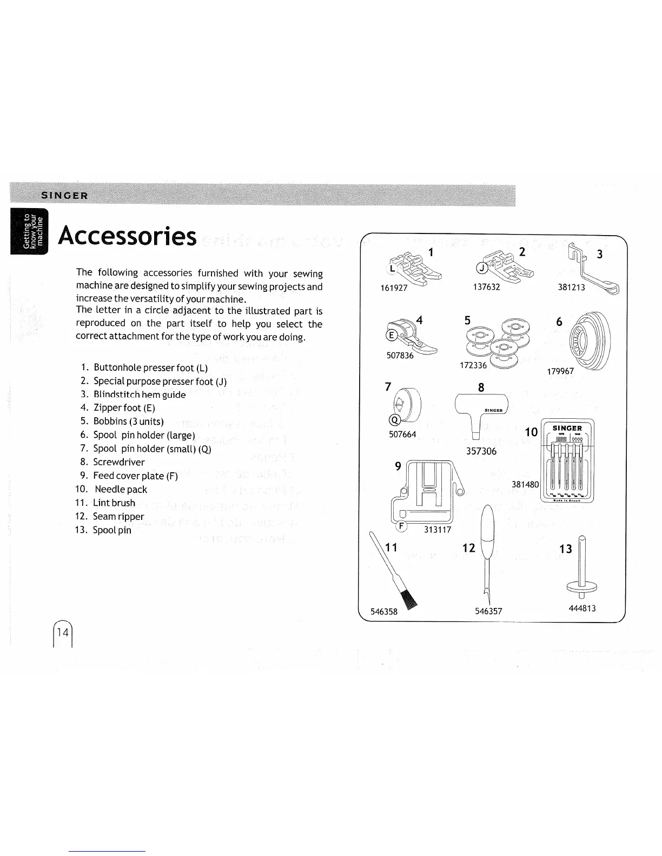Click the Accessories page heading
(x=128, y=236)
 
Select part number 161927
(x=394, y=287)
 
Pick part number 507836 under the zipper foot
(x=400, y=355)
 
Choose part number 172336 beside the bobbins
(x=473, y=365)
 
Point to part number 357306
(x=481, y=451)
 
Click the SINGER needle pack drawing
(x=567, y=461)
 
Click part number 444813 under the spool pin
(x=582, y=608)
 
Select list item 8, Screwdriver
(x=118, y=462)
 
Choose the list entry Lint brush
(x=114, y=503)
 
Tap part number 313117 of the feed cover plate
(x=437, y=530)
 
